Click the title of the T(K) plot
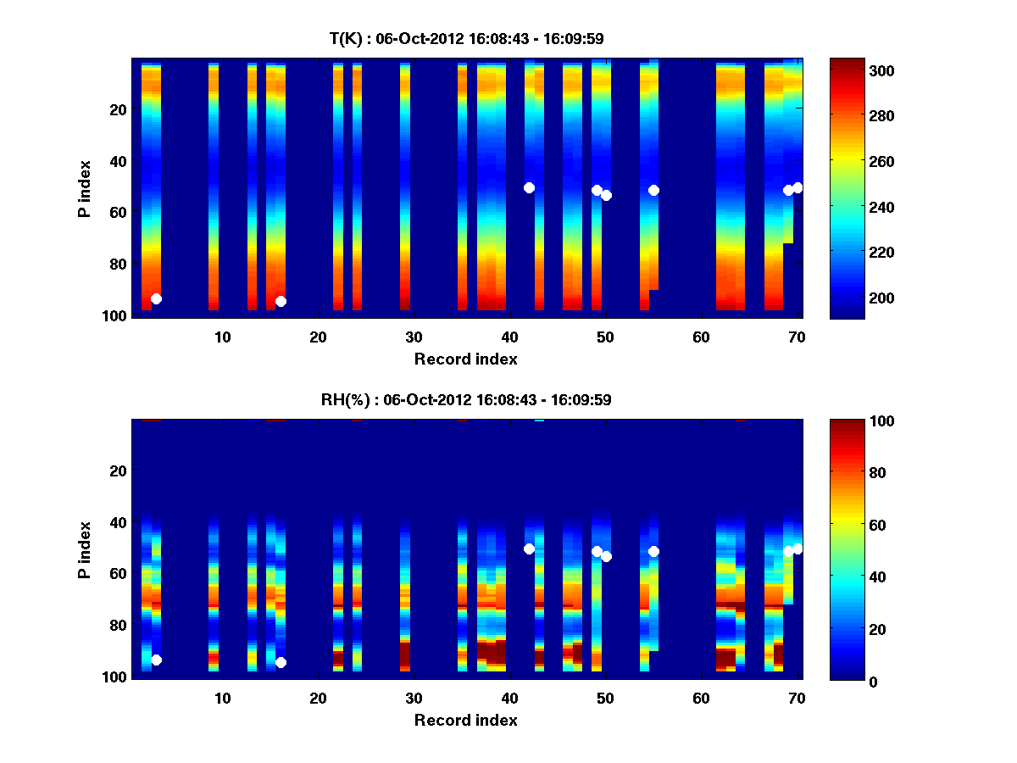click(466, 39)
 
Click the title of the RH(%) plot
click(466, 400)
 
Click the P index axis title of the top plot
click(85, 187)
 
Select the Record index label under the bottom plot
click(466, 720)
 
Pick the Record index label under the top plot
click(466, 359)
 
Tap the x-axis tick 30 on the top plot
click(414, 337)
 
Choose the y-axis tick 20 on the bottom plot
click(118, 471)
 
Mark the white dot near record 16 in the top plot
click(281, 301)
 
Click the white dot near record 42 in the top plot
click(529, 187)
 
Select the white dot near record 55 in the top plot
click(653, 190)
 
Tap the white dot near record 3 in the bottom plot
click(156, 660)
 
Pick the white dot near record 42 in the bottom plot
click(529, 549)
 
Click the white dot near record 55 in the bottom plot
click(653, 551)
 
